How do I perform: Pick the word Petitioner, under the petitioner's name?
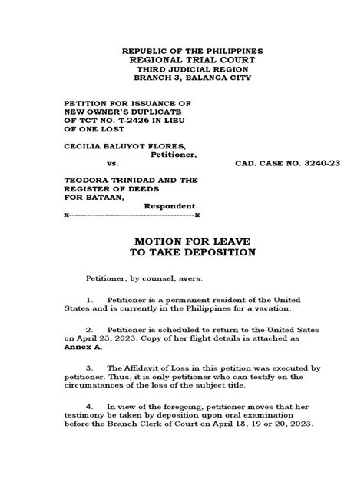173,155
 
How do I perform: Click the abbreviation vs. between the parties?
113,165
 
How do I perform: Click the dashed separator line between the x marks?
131,216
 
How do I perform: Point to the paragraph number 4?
89,405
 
